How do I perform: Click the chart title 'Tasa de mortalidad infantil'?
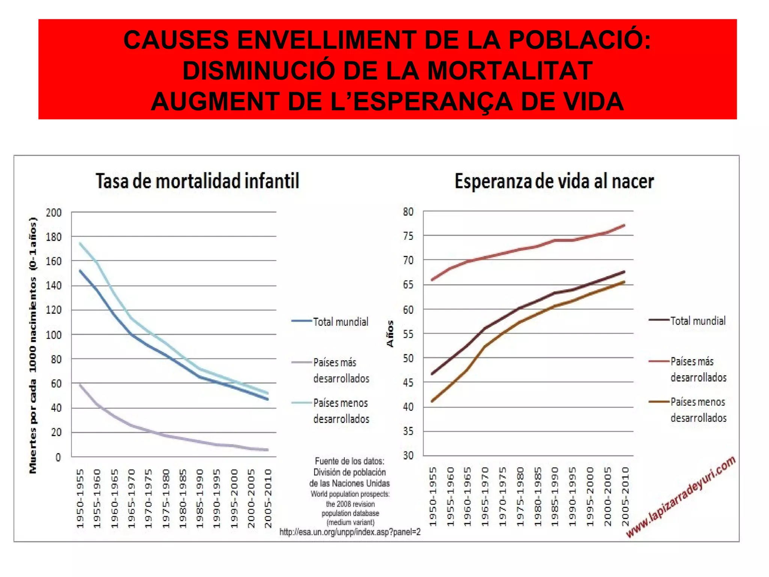[x=198, y=181]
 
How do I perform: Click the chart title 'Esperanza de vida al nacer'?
[x=554, y=181]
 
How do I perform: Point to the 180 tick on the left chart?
[x=54, y=237]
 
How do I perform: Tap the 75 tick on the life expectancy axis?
[x=408, y=236]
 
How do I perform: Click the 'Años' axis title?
[x=390, y=334]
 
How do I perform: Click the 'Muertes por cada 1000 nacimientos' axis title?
[x=33, y=346]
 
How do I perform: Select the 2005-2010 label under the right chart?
[x=625, y=497]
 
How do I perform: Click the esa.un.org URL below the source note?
[x=350, y=532]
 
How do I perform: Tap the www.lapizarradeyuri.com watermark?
[x=680, y=497]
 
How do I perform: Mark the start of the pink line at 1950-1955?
[x=432, y=280]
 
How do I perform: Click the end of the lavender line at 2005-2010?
[x=267, y=450]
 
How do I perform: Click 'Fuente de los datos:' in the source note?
[x=350, y=461]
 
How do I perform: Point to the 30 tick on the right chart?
[x=408, y=455]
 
